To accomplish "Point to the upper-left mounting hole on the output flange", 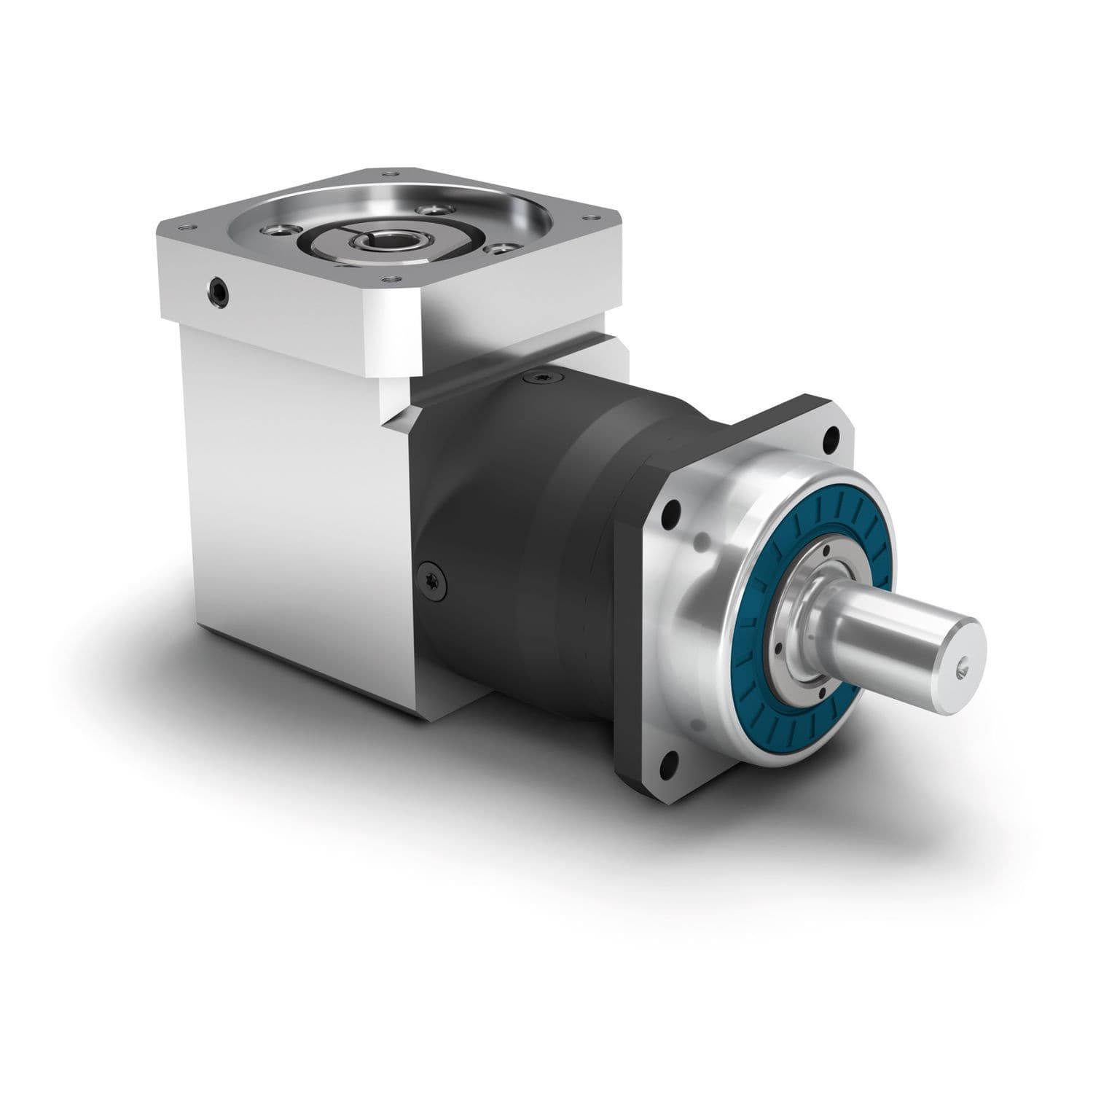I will [674, 511].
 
